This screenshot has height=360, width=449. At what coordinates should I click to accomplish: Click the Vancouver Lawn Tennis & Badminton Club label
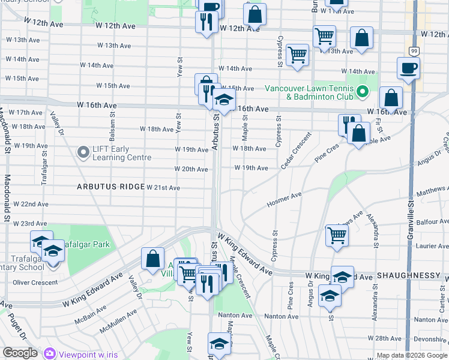pos(310,92)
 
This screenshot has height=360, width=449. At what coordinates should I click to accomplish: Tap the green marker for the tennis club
pos(362,92)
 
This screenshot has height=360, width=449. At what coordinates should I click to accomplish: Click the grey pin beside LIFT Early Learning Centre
pos(83,152)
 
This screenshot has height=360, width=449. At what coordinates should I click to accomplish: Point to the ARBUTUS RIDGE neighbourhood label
pos(110,187)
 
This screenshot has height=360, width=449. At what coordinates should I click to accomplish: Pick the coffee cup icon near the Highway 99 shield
pos(408,68)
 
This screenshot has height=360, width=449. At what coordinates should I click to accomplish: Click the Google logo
pos(20,353)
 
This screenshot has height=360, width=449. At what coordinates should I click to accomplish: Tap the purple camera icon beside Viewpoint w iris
pos(49,353)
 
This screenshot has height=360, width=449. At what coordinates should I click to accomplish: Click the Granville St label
pos(411,216)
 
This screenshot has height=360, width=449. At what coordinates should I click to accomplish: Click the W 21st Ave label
pos(163,188)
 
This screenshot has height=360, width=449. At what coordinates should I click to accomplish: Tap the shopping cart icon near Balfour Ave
pos(337,235)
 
